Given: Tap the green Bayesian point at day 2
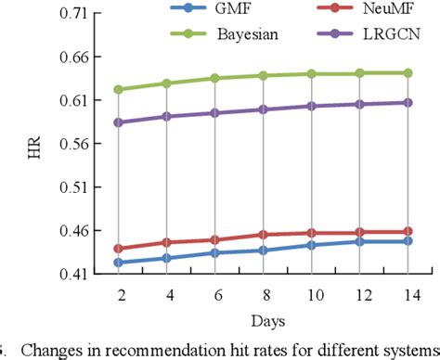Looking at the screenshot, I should (x=119, y=90).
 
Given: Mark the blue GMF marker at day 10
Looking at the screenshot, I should (x=311, y=245).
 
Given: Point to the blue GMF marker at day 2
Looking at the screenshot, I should (x=119, y=263).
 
